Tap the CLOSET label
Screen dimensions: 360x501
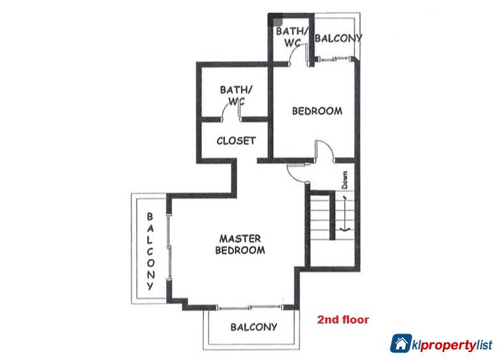pos(236,141)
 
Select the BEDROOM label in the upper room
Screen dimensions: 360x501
pos(317,111)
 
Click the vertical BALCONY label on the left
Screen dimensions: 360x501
pos(150,252)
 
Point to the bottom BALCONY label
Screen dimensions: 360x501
pos(253,327)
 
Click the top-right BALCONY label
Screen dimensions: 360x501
pos(338,38)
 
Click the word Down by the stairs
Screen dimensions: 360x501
pos(345,180)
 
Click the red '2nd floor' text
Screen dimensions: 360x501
pos(343,319)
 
